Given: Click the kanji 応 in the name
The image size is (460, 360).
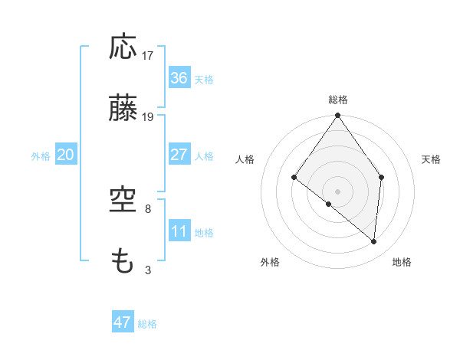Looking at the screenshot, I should point(123,47).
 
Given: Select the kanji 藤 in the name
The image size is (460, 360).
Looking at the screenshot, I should point(123,109).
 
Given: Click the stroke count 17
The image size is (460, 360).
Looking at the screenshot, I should point(148,56).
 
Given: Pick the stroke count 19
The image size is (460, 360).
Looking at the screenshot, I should point(148,117).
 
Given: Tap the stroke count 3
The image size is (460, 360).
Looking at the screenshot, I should point(148,270).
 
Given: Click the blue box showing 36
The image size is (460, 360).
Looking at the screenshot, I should point(179,78).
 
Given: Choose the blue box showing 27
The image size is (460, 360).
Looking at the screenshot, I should point(179,155).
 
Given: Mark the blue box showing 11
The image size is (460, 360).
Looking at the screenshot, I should point(179,231).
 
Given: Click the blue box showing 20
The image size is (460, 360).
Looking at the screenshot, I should point(65,155).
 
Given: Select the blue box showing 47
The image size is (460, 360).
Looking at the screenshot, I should point(123,322).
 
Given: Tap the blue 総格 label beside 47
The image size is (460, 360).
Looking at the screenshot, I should point(148,324).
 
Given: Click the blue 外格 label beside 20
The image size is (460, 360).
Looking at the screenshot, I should point(41,156).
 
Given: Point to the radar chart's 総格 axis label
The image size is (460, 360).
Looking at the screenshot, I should point(338,100).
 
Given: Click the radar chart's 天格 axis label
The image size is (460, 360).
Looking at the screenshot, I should point(432,159).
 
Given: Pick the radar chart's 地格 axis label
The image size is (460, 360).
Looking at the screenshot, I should point(402,262).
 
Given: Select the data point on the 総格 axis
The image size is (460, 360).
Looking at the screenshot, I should point(337,116).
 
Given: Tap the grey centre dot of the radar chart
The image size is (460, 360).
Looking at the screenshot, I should point(337,191).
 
